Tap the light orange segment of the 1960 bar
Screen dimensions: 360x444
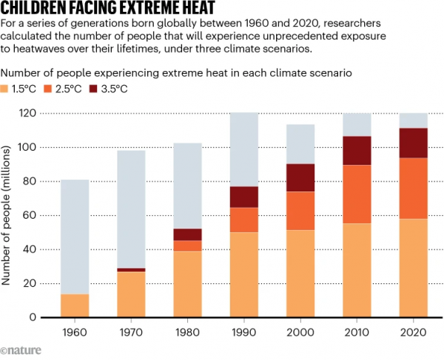(x=74, y=305)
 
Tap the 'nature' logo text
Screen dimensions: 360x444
(x=23, y=350)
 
